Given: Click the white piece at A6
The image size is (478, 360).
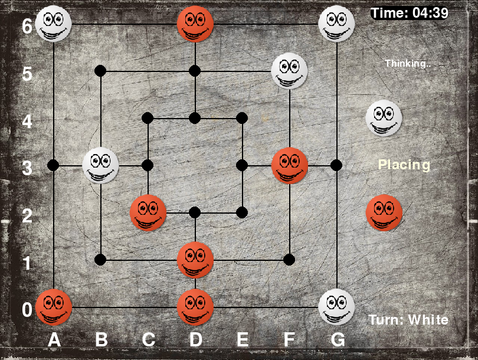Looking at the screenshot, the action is click(53, 24).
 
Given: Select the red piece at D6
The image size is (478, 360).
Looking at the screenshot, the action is click(195, 24).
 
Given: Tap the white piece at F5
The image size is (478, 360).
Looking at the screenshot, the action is click(289, 71).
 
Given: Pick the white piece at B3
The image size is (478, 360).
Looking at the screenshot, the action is click(100, 165).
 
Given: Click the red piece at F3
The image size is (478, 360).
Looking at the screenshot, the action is click(290, 165).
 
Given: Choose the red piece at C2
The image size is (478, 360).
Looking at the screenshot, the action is click(148, 213).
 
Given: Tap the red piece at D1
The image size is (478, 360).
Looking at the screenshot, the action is click(195, 260).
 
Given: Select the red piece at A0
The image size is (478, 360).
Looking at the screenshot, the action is click(54, 307).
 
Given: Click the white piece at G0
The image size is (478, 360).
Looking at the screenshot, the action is click(336, 307).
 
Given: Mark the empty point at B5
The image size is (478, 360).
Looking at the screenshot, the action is click(100, 71).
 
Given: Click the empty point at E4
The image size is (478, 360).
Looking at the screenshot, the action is click(242, 118).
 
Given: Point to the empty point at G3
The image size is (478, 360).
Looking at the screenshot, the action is click(336, 165).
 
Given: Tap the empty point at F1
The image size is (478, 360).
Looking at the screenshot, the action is click(289, 260).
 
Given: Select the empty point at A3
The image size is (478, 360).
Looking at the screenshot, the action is click(53, 165).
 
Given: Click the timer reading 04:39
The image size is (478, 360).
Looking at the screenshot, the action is click(430, 13).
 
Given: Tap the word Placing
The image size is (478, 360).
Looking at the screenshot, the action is click(404, 165).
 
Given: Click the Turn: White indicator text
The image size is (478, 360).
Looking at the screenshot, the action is click(408, 320).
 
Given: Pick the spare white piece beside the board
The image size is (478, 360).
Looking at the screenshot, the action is click(384, 118).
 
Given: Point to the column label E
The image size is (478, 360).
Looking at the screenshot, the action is click(243, 339).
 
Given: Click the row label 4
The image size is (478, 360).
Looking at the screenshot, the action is click(27, 121).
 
